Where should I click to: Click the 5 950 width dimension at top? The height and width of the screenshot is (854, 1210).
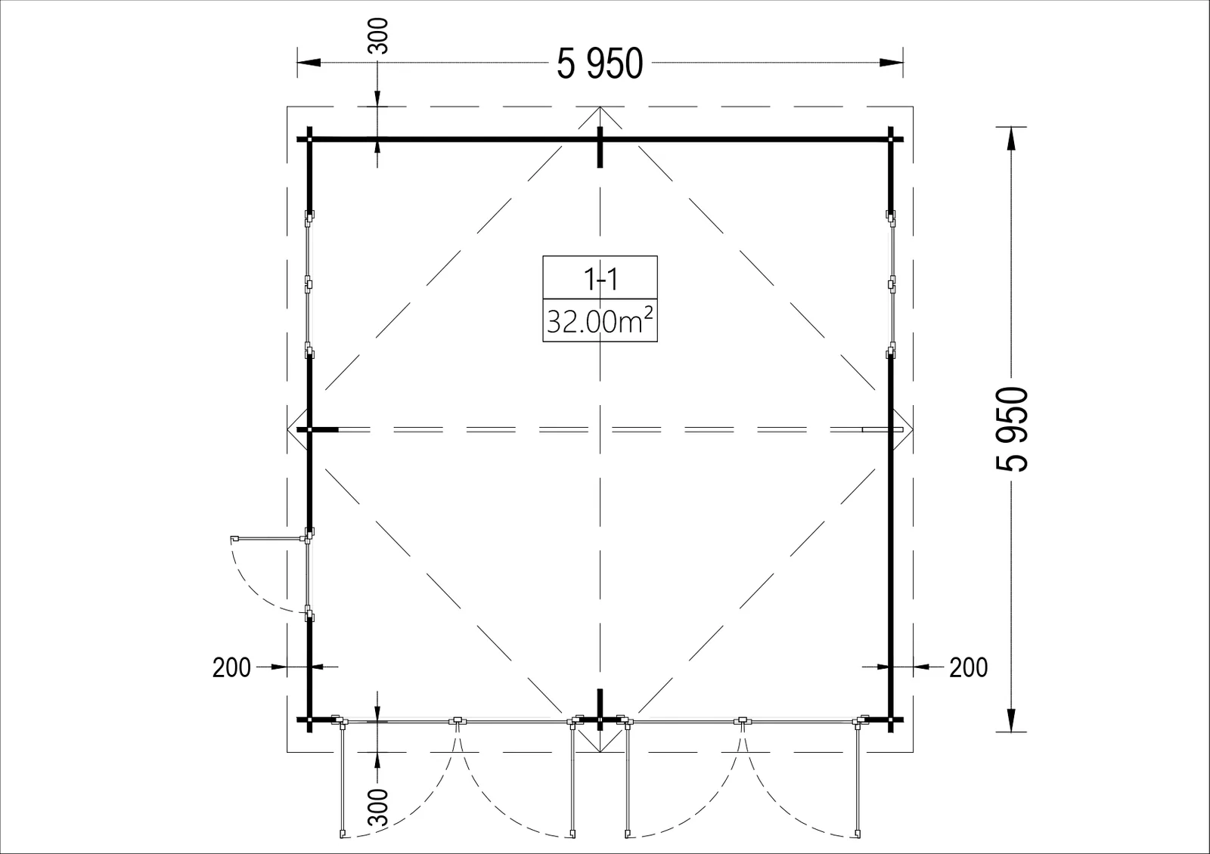click(600, 63)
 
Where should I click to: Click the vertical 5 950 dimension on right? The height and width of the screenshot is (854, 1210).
click(1012, 429)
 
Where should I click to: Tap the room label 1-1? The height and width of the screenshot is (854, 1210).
click(600, 279)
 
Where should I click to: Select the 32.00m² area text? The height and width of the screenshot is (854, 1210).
click(600, 320)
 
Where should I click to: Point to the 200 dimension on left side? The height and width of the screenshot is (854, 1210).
click(231, 668)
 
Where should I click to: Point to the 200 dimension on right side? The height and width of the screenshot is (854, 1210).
click(969, 668)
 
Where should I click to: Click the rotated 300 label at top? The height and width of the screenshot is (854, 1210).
click(377, 36)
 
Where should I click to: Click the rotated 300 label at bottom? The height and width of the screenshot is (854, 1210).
click(377, 808)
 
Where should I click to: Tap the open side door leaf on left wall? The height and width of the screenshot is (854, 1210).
click(268, 538)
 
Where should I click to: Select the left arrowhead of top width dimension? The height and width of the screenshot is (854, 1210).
click(309, 63)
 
